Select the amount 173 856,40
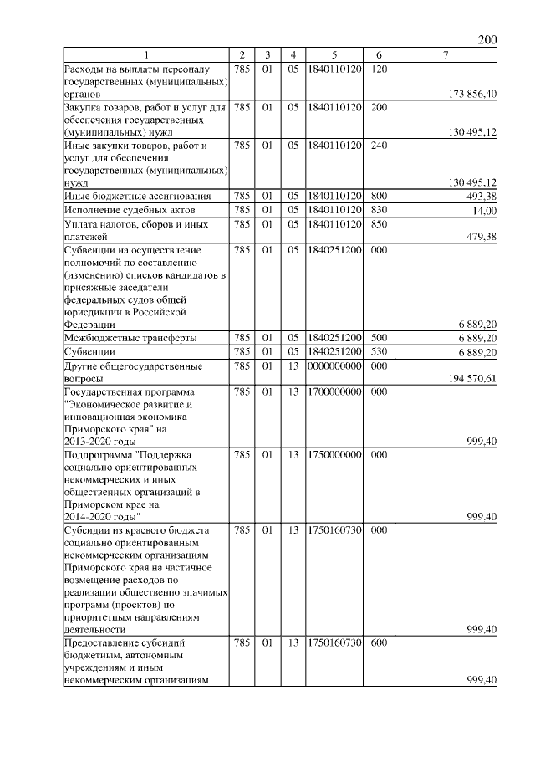pos(472,95)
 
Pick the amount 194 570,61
pos(472,379)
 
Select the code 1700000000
pos(334,391)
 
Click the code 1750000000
pos(334,454)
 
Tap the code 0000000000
pos(334,366)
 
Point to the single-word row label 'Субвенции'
pos(91,352)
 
